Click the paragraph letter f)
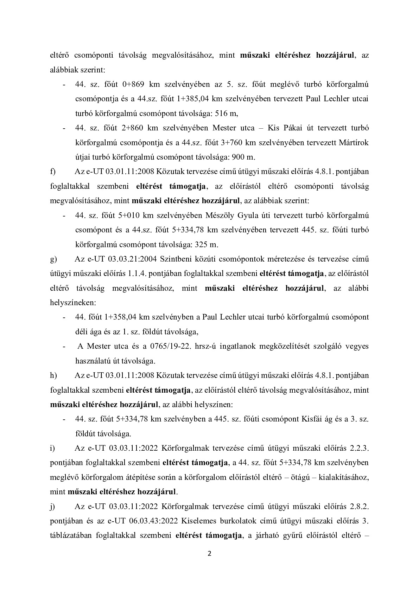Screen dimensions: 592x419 point(53,172)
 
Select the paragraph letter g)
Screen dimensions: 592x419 point(53,259)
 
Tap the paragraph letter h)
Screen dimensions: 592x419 point(53,375)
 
